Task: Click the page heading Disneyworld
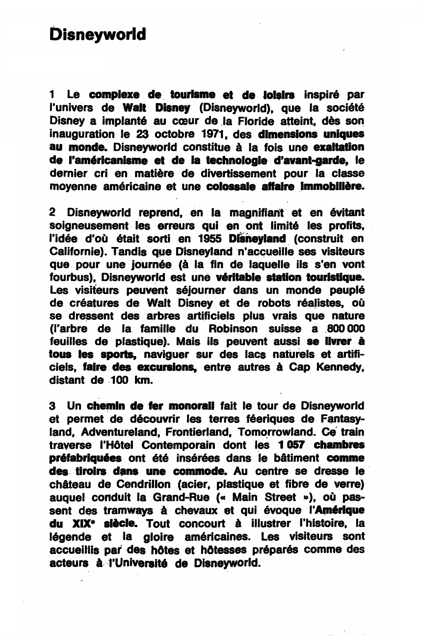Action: click(x=98, y=35)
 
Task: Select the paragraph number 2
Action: click(x=53, y=213)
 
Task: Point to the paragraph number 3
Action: click(x=53, y=406)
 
